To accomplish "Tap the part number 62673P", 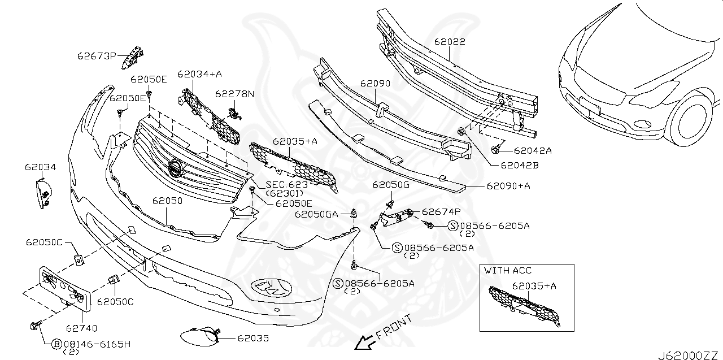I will [97, 55].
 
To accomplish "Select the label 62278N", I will [234, 94].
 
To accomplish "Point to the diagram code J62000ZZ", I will [689, 354].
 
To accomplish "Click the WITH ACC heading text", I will [507, 271].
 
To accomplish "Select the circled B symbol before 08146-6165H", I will [56, 343].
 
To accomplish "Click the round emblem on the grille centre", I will [176, 168].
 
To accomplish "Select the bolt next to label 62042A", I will [496, 149].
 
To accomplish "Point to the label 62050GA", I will [316, 214].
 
